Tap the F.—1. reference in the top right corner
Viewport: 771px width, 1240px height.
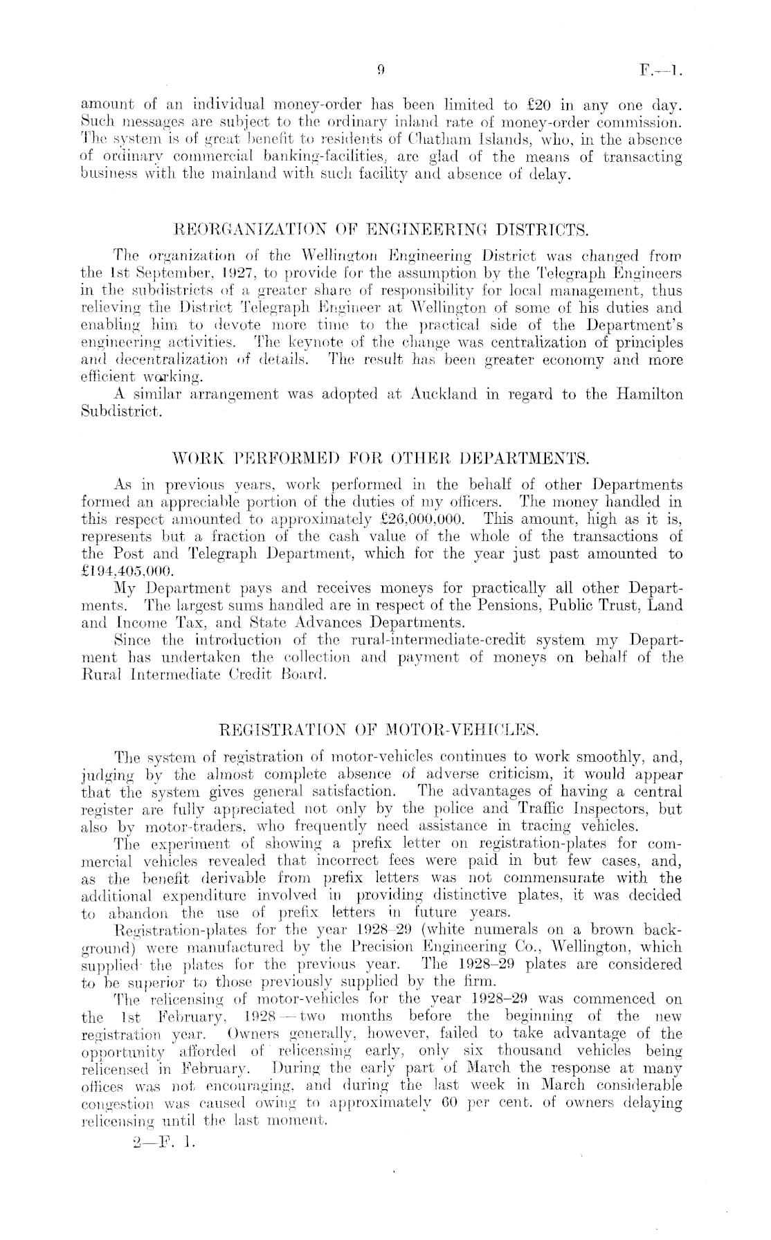(662, 69)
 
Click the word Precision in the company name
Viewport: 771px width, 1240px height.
(374, 947)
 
